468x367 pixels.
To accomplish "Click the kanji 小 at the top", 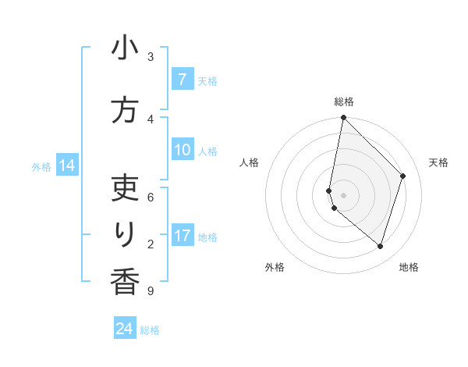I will click(x=124, y=48).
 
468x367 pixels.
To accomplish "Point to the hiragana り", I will click(x=125, y=234).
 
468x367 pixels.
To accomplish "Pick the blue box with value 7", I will click(x=182, y=80).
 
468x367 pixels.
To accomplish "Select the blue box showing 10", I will click(x=182, y=151).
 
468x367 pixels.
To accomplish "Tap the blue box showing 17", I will click(x=182, y=236).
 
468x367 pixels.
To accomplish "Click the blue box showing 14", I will click(x=66, y=166).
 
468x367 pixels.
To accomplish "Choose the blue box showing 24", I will click(x=125, y=329).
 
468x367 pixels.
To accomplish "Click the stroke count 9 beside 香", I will click(x=150, y=291).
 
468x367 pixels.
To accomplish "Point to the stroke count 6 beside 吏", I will click(x=150, y=197).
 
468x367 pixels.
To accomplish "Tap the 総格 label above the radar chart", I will click(x=344, y=102).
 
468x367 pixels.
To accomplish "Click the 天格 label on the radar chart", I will click(x=438, y=162).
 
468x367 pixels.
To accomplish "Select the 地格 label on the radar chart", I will click(x=409, y=267).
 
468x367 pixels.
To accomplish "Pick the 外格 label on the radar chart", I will click(x=275, y=267).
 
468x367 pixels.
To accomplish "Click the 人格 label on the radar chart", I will click(x=249, y=162).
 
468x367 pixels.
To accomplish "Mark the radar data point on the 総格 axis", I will click(x=343, y=118).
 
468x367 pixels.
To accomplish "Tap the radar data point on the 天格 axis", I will click(x=403, y=176).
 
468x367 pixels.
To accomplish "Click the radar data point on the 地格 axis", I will click(x=380, y=246).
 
